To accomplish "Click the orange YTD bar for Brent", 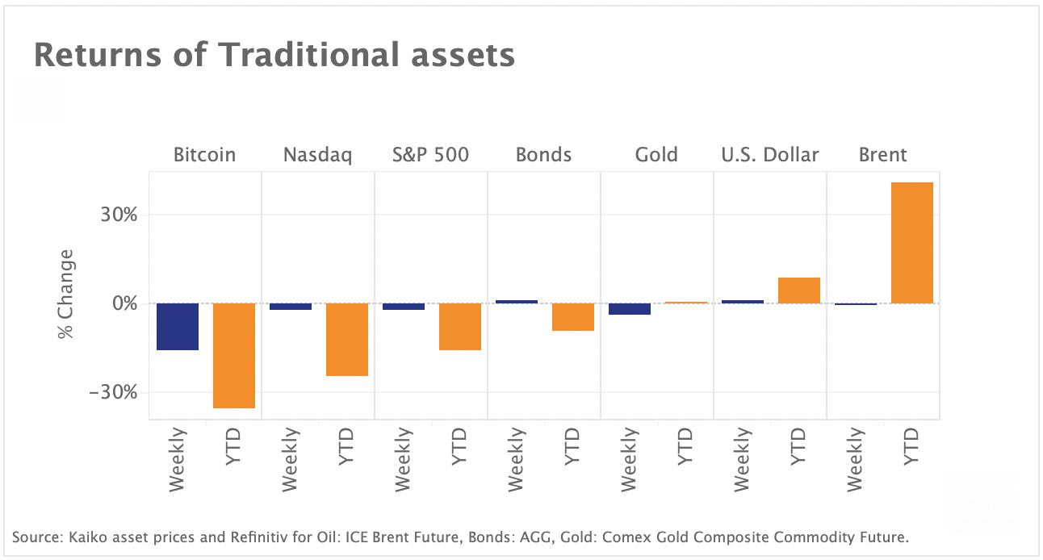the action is [911, 243].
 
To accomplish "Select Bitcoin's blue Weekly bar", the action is [178, 327].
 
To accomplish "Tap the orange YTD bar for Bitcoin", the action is [234, 356].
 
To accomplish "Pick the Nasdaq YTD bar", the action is [347, 340].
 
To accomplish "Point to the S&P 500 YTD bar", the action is [460, 327].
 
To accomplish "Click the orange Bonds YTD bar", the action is [572, 317].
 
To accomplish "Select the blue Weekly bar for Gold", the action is [630, 309].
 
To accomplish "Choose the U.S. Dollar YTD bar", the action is [799, 290].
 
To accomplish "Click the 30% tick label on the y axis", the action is [119, 215].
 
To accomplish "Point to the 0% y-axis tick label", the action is [125, 303].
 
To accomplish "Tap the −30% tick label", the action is [113, 392].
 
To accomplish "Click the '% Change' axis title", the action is [65, 295].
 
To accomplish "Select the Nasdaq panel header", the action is [318, 155].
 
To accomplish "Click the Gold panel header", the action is [656, 155].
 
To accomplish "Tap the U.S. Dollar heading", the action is [769, 155].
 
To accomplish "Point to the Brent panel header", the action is [883, 155].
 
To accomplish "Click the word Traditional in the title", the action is [308, 55].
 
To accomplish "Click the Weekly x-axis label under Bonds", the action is [516, 459].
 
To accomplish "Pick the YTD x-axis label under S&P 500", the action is [459, 446].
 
